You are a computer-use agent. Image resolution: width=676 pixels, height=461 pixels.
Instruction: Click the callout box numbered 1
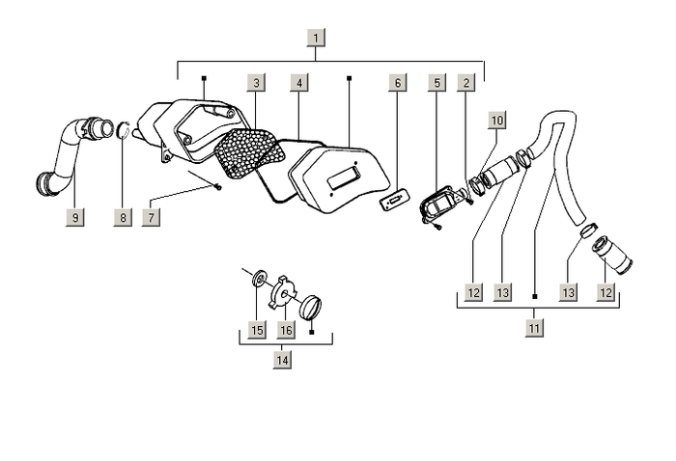click(316, 38)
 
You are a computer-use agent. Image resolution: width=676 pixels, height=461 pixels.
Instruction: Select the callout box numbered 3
click(256, 83)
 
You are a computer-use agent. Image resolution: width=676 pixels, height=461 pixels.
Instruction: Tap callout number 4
click(299, 83)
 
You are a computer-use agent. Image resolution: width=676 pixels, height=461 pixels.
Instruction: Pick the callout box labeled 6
click(398, 83)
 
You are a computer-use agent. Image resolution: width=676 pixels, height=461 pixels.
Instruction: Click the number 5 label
click(437, 83)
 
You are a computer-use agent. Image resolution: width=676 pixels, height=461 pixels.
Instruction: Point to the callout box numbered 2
click(466, 83)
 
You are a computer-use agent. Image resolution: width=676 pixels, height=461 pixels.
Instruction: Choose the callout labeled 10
click(497, 121)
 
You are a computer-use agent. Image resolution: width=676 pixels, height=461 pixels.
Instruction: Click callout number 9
click(75, 217)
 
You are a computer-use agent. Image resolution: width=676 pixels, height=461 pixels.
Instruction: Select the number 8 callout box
click(123, 217)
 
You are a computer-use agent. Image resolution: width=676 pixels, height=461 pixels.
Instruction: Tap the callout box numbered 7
click(151, 217)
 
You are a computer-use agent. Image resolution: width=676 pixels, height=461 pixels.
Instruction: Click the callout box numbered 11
click(534, 329)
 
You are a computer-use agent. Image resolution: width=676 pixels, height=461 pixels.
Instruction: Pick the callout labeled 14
click(282, 360)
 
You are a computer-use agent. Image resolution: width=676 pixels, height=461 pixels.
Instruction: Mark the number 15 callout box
click(257, 330)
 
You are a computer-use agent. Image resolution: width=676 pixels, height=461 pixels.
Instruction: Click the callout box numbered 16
click(286, 330)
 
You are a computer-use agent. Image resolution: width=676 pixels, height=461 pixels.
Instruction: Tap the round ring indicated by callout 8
click(124, 130)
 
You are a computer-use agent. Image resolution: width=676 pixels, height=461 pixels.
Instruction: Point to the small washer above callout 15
click(259, 278)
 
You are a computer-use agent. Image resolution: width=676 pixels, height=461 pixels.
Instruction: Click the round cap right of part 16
click(311, 308)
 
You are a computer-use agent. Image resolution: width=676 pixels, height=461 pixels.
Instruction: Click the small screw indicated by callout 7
click(218, 187)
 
